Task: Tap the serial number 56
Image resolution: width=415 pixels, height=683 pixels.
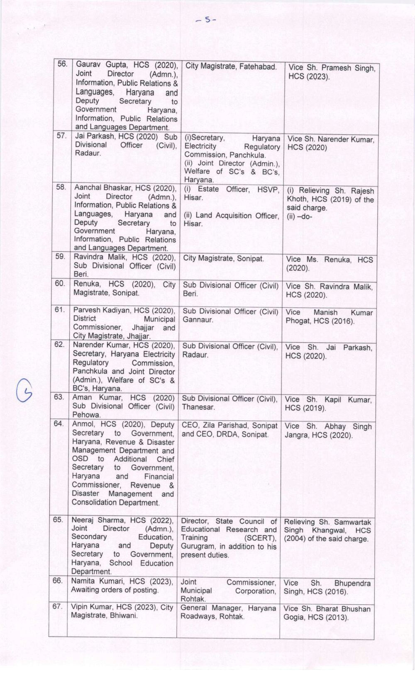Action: coord(62,64)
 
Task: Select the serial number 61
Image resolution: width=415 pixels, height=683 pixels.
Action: coord(60,309)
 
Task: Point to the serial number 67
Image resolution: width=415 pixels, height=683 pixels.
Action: coord(57,606)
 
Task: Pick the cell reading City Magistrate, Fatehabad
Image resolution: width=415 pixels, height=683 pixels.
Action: coord(231,66)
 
